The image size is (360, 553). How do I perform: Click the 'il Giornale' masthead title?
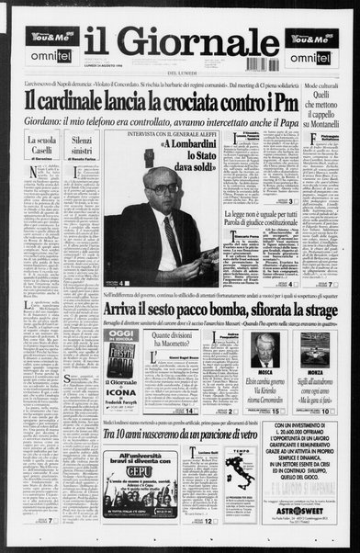180,43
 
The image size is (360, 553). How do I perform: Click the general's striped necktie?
172,240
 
